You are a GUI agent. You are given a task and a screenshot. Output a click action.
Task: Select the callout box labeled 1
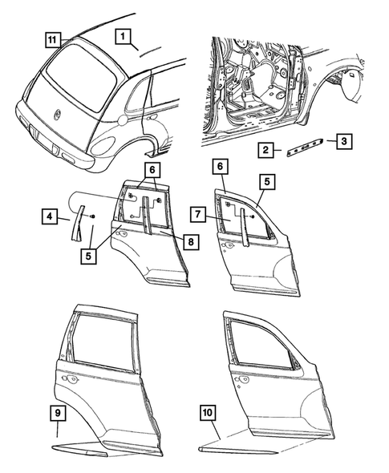[123, 36]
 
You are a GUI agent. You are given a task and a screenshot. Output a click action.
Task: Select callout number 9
[59, 414]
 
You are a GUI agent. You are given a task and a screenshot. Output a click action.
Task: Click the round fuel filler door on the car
[121, 121]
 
